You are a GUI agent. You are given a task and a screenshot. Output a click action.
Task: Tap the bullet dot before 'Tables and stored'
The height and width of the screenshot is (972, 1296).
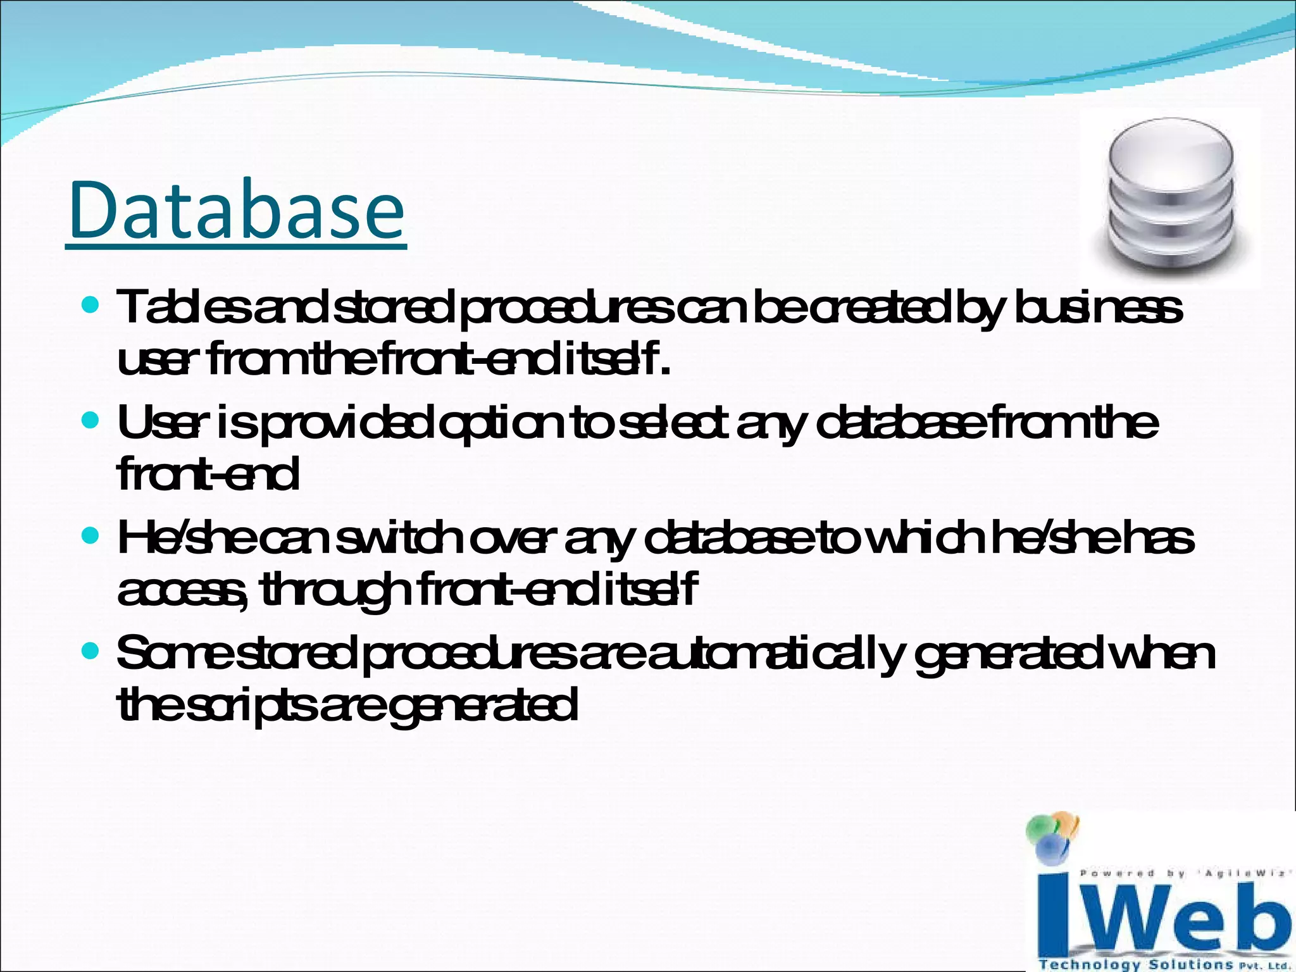pos(91,306)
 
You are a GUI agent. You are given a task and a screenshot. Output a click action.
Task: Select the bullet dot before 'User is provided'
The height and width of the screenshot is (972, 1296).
pos(91,420)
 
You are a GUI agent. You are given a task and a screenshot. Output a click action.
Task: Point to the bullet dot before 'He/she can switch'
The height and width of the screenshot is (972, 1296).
pos(91,537)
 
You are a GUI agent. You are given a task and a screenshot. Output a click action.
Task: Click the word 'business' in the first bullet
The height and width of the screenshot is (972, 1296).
pos(1098,309)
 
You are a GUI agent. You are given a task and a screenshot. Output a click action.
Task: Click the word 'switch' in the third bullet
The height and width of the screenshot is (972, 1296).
pos(399,539)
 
